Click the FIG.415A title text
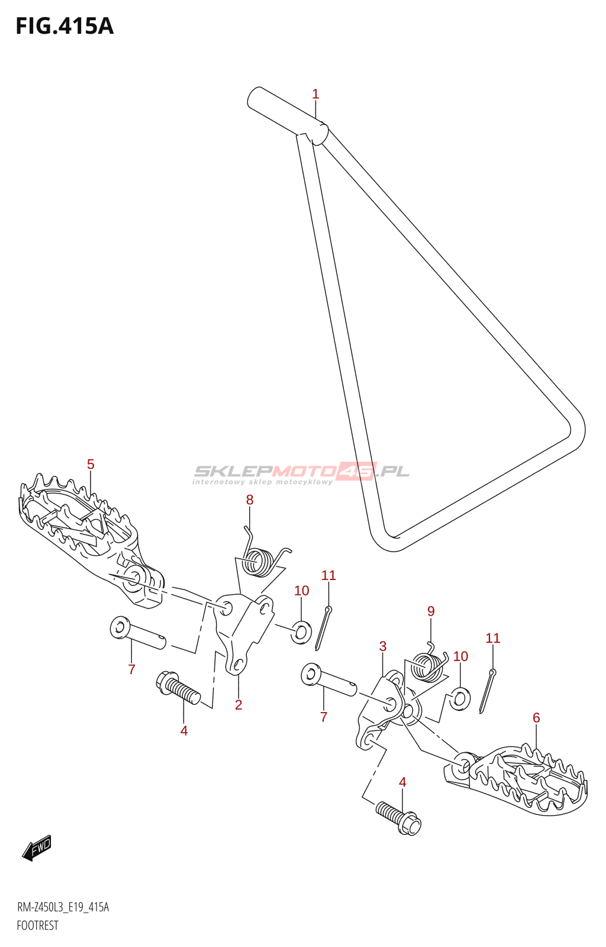point(64,27)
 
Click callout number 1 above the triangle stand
point(315,94)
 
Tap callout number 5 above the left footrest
point(91,465)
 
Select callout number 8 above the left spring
point(250,500)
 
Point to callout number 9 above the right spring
point(431,611)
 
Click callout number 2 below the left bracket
point(238,705)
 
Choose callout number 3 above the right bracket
point(383,646)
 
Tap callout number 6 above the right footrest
point(536,718)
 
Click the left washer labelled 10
point(301,632)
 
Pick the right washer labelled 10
point(460,698)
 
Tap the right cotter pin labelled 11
point(488,691)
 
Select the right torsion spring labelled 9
point(429,665)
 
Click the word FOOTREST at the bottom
point(37,926)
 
